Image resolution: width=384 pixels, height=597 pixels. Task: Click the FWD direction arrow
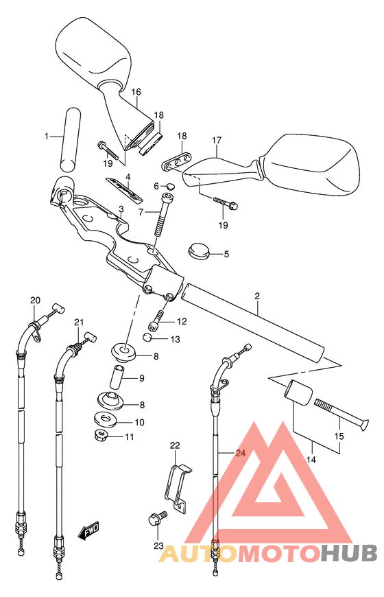(88, 531)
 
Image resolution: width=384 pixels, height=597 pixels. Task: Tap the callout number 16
(136, 92)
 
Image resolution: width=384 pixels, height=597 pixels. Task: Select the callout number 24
(241, 453)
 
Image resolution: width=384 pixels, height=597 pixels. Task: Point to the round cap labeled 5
(199, 252)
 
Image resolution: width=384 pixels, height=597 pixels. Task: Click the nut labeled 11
(101, 434)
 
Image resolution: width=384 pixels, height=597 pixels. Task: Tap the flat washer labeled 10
(106, 418)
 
